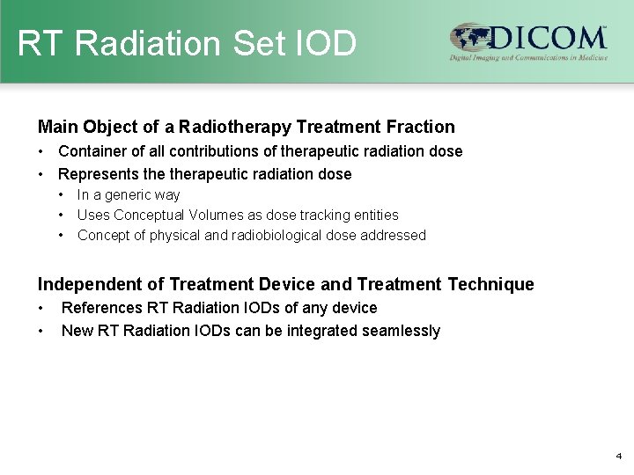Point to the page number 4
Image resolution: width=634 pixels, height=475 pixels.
tap(619, 457)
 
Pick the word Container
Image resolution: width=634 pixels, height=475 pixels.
tap(91, 151)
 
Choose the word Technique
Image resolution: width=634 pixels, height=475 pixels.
tap(490, 284)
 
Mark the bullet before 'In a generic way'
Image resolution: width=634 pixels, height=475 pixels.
tap(62, 195)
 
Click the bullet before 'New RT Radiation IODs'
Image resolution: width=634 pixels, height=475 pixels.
tap(41, 331)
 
